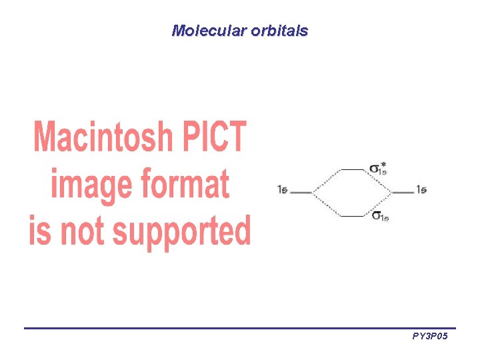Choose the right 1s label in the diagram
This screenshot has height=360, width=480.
pos(421,190)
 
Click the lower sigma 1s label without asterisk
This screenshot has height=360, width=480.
pos(380,215)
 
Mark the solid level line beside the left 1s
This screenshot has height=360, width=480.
pos(301,193)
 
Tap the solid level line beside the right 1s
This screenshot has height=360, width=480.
pos(403,193)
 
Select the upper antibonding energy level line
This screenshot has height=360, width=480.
pos(353,170)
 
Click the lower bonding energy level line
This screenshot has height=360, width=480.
pos(353,216)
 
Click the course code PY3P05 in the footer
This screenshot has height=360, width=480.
pos(430,337)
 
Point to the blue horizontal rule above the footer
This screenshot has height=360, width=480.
pos(240,328)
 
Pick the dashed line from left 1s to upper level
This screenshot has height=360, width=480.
pos(327,181)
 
